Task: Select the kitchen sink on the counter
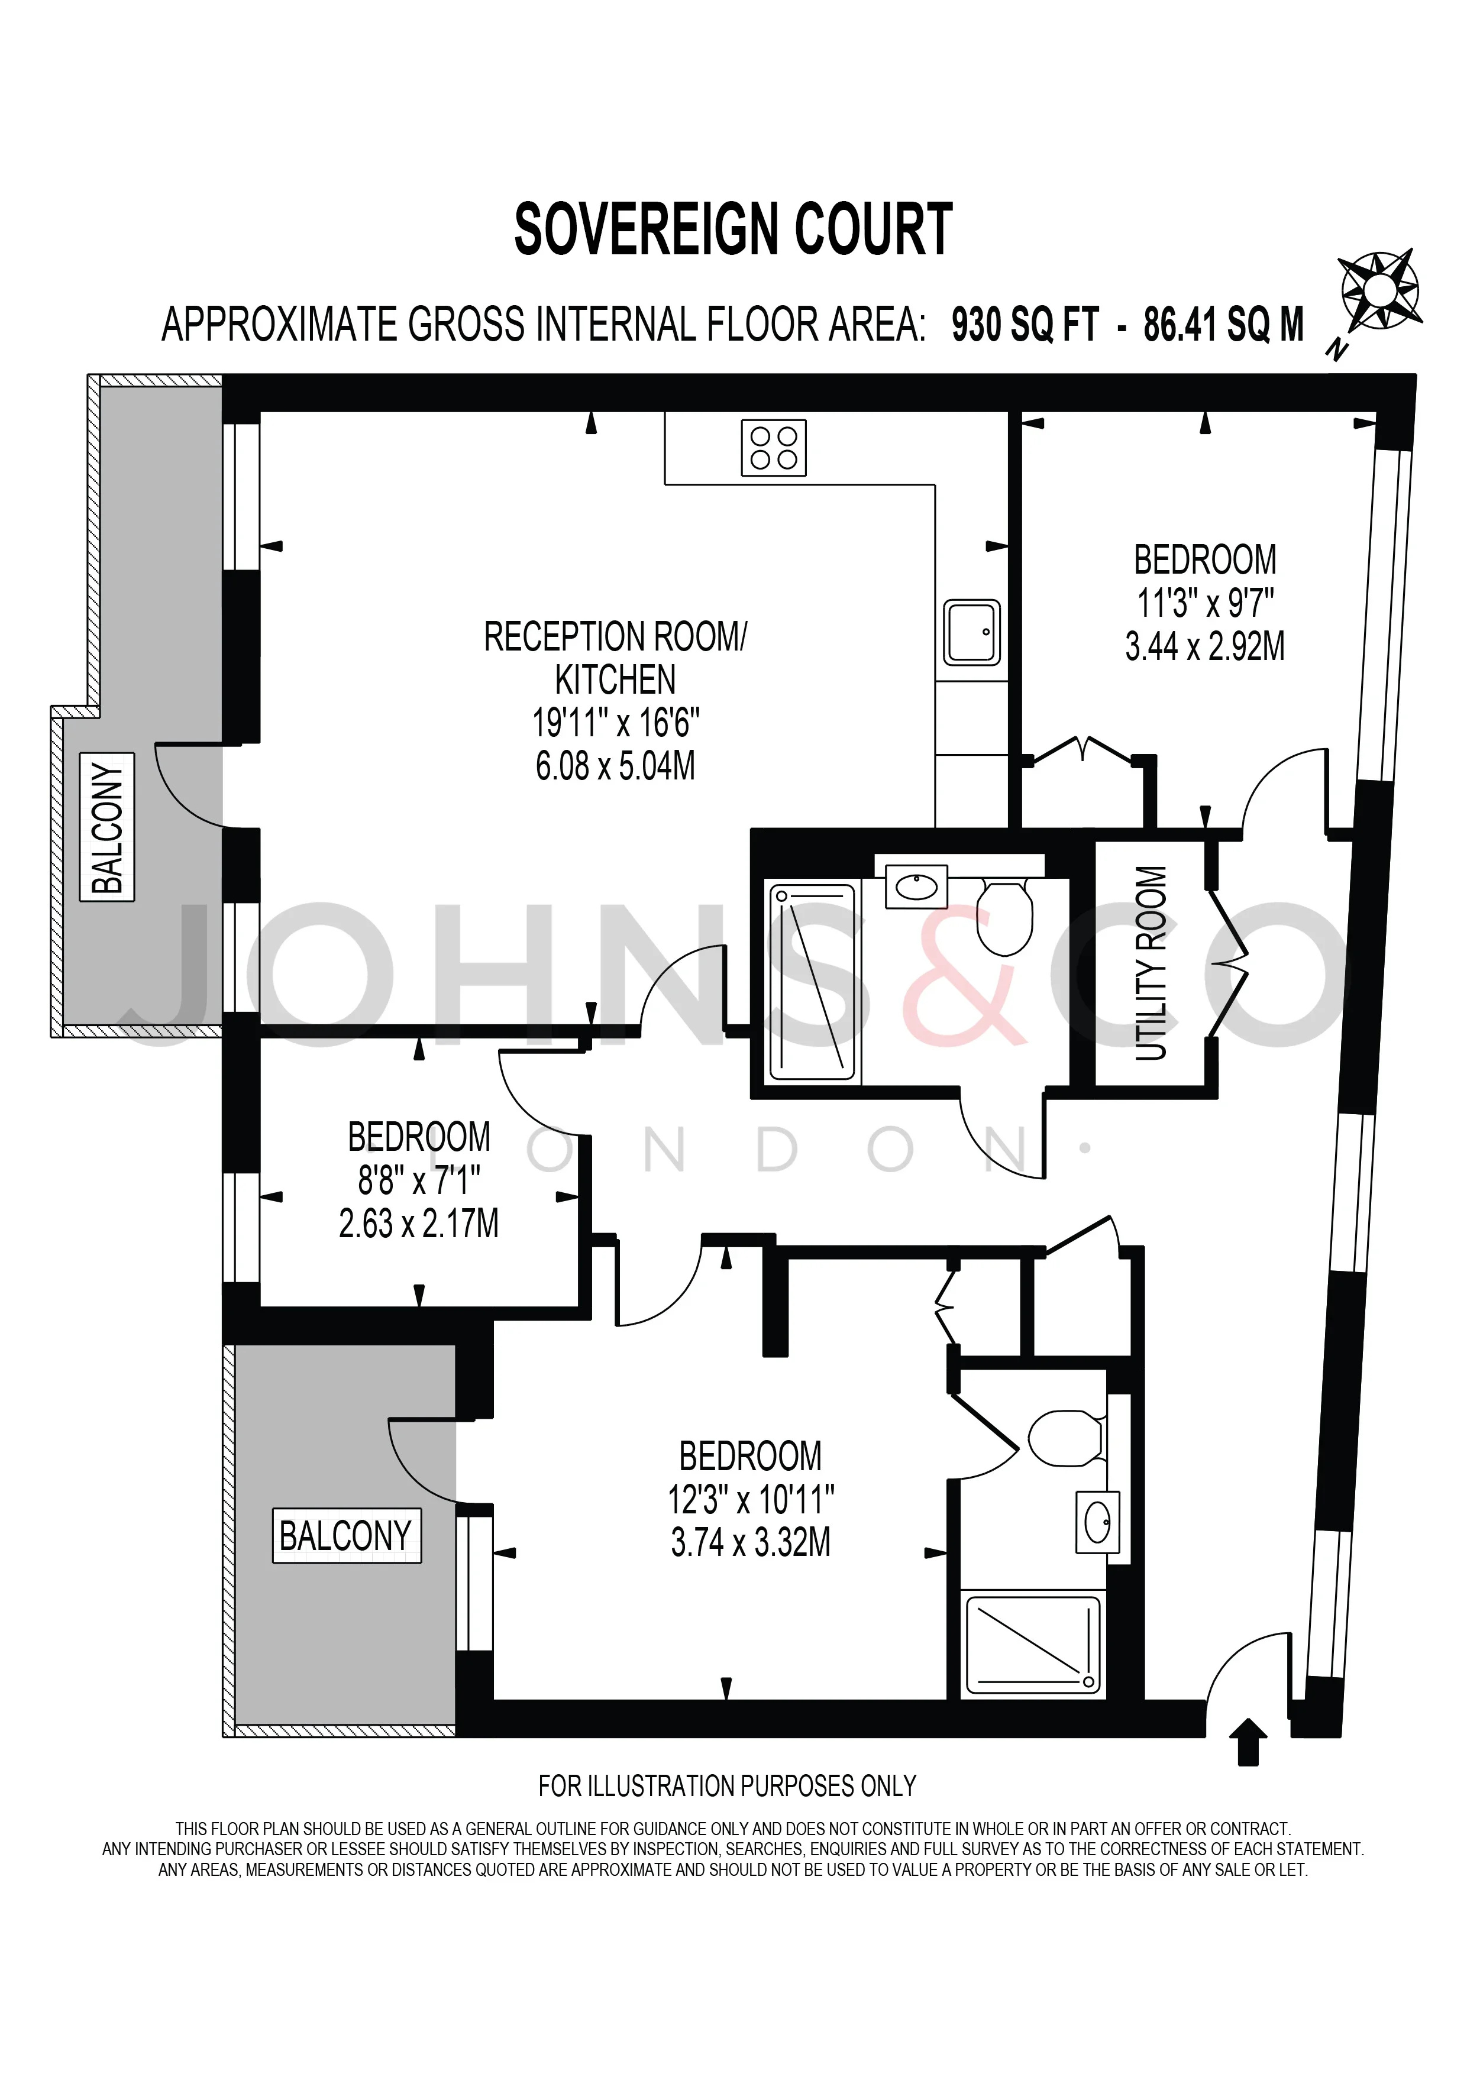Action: pos(972,632)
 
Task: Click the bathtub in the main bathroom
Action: pos(811,982)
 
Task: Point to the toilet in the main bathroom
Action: pos(1006,917)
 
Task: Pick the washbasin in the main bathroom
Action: pos(915,886)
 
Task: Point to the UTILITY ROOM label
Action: pos(1151,963)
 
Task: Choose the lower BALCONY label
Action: pos(346,1536)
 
